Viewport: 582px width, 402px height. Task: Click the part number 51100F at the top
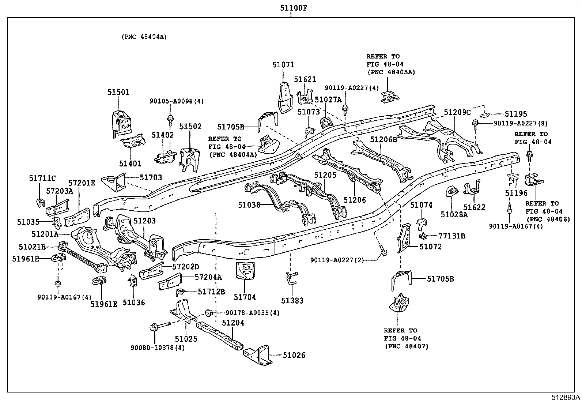click(x=293, y=8)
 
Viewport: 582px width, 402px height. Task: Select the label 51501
click(x=118, y=92)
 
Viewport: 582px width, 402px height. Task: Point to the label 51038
click(x=249, y=205)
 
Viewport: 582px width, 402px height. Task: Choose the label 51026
click(x=294, y=355)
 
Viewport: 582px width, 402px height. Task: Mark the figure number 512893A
click(x=566, y=397)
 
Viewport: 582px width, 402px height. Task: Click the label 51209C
click(x=457, y=112)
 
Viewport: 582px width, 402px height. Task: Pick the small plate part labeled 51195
click(x=484, y=115)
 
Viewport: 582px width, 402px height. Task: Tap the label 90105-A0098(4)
click(x=177, y=101)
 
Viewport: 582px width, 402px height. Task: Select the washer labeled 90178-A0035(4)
click(x=209, y=312)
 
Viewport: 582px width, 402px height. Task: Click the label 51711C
click(x=42, y=178)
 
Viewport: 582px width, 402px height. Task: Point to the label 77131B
click(x=452, y=236)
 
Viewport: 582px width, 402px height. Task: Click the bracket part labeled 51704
click(x=245, y=271)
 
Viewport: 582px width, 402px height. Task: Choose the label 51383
click(x=292, y=301)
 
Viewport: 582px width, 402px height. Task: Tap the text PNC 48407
click(x=407, y=346)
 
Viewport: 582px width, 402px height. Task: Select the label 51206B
click(x=383, y=140)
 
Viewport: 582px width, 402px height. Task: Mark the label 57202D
click(x=185, y=267)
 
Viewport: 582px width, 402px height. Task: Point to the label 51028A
click(x=454, y=214)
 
